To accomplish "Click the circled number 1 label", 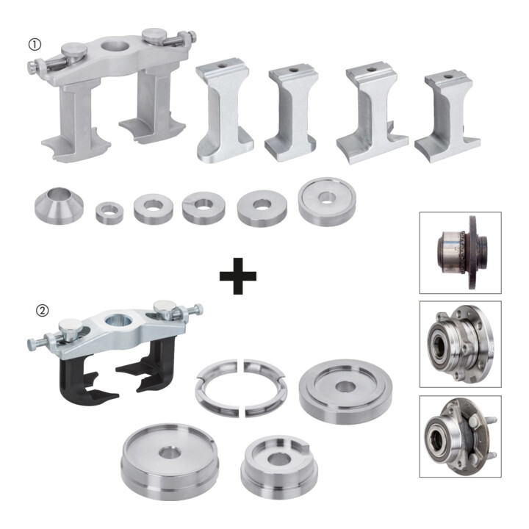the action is coord(34,44).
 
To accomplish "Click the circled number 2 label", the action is coord(42,310).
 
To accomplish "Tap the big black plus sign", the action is coord(238,276).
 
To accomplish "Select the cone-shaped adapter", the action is coord(60,206).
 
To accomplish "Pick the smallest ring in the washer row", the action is coord(109,212).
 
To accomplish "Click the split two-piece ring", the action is coord(242,388).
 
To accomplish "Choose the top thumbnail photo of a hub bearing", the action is coord(461,253).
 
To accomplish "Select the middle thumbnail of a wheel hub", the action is coord(461,344).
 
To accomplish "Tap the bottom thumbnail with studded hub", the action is coord(461,436).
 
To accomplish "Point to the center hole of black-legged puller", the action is coord(120,320).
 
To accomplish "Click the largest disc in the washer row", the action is coord(327,201).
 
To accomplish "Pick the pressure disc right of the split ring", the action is coord(346,392).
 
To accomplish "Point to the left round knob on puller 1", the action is coord(74,50).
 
